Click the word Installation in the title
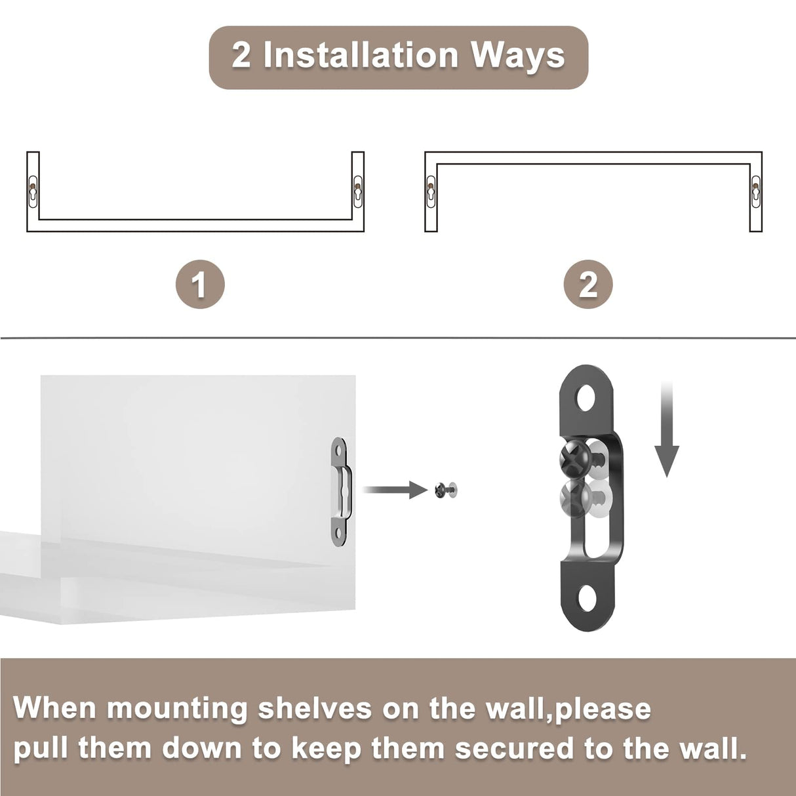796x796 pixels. (360, 55)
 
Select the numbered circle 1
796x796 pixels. (200, 285)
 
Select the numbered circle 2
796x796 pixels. (588, 285)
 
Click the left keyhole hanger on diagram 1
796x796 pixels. (33, 191)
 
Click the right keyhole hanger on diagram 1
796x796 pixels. (357, 191)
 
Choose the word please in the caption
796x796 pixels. (603, 709)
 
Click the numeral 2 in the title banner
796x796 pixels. (241, 55)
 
